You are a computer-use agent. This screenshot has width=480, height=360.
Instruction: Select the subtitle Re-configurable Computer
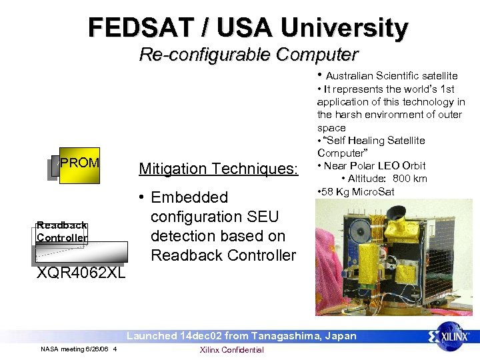pyautogui.click(x=248, y=54)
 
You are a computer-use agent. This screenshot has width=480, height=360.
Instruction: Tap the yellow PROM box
pyautogui.click(x=79, y=164)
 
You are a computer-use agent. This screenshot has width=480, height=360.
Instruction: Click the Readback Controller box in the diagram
pyautogui.click(x=62, y=231)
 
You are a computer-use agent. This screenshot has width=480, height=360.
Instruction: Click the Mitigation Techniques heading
pyautogui.click(x=217, y=169)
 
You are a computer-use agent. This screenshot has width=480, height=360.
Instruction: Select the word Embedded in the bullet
pyautogui.click(x=189, y=197)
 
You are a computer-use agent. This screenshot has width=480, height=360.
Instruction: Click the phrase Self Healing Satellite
pyautogui.click(x=376, y=140)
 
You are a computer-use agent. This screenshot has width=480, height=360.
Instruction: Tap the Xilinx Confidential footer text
pyautogui.click(x=232, y=350)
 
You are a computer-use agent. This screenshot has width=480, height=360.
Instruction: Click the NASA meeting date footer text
pyautogui.click(x=79, y=350)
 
